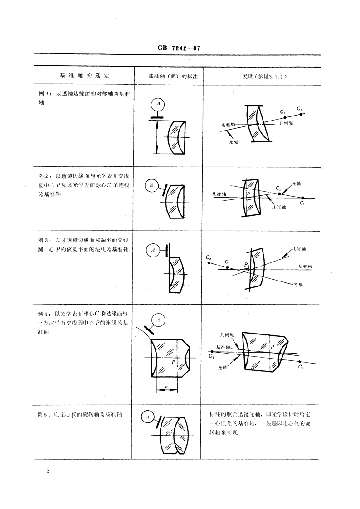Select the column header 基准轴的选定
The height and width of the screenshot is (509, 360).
(85, 76)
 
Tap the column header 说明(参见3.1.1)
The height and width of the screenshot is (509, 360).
(264, 76)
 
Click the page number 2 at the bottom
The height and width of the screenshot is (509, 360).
(47, 471)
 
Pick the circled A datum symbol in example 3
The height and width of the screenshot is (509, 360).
(153, 250)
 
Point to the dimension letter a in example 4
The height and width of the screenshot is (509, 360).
(167, 387)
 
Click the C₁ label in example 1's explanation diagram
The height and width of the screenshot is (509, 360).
(299, 108)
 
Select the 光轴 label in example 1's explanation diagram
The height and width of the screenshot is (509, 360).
(234, 141)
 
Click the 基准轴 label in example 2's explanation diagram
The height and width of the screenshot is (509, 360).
(219, 194)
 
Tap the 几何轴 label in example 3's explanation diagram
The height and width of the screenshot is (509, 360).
(300, 248)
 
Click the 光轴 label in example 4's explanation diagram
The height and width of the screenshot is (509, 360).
(223, 368)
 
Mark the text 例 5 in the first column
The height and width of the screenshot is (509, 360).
(44, 413)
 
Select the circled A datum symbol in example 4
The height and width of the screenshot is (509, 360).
(158, 320)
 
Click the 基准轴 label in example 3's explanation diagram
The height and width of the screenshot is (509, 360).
(305, 267)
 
